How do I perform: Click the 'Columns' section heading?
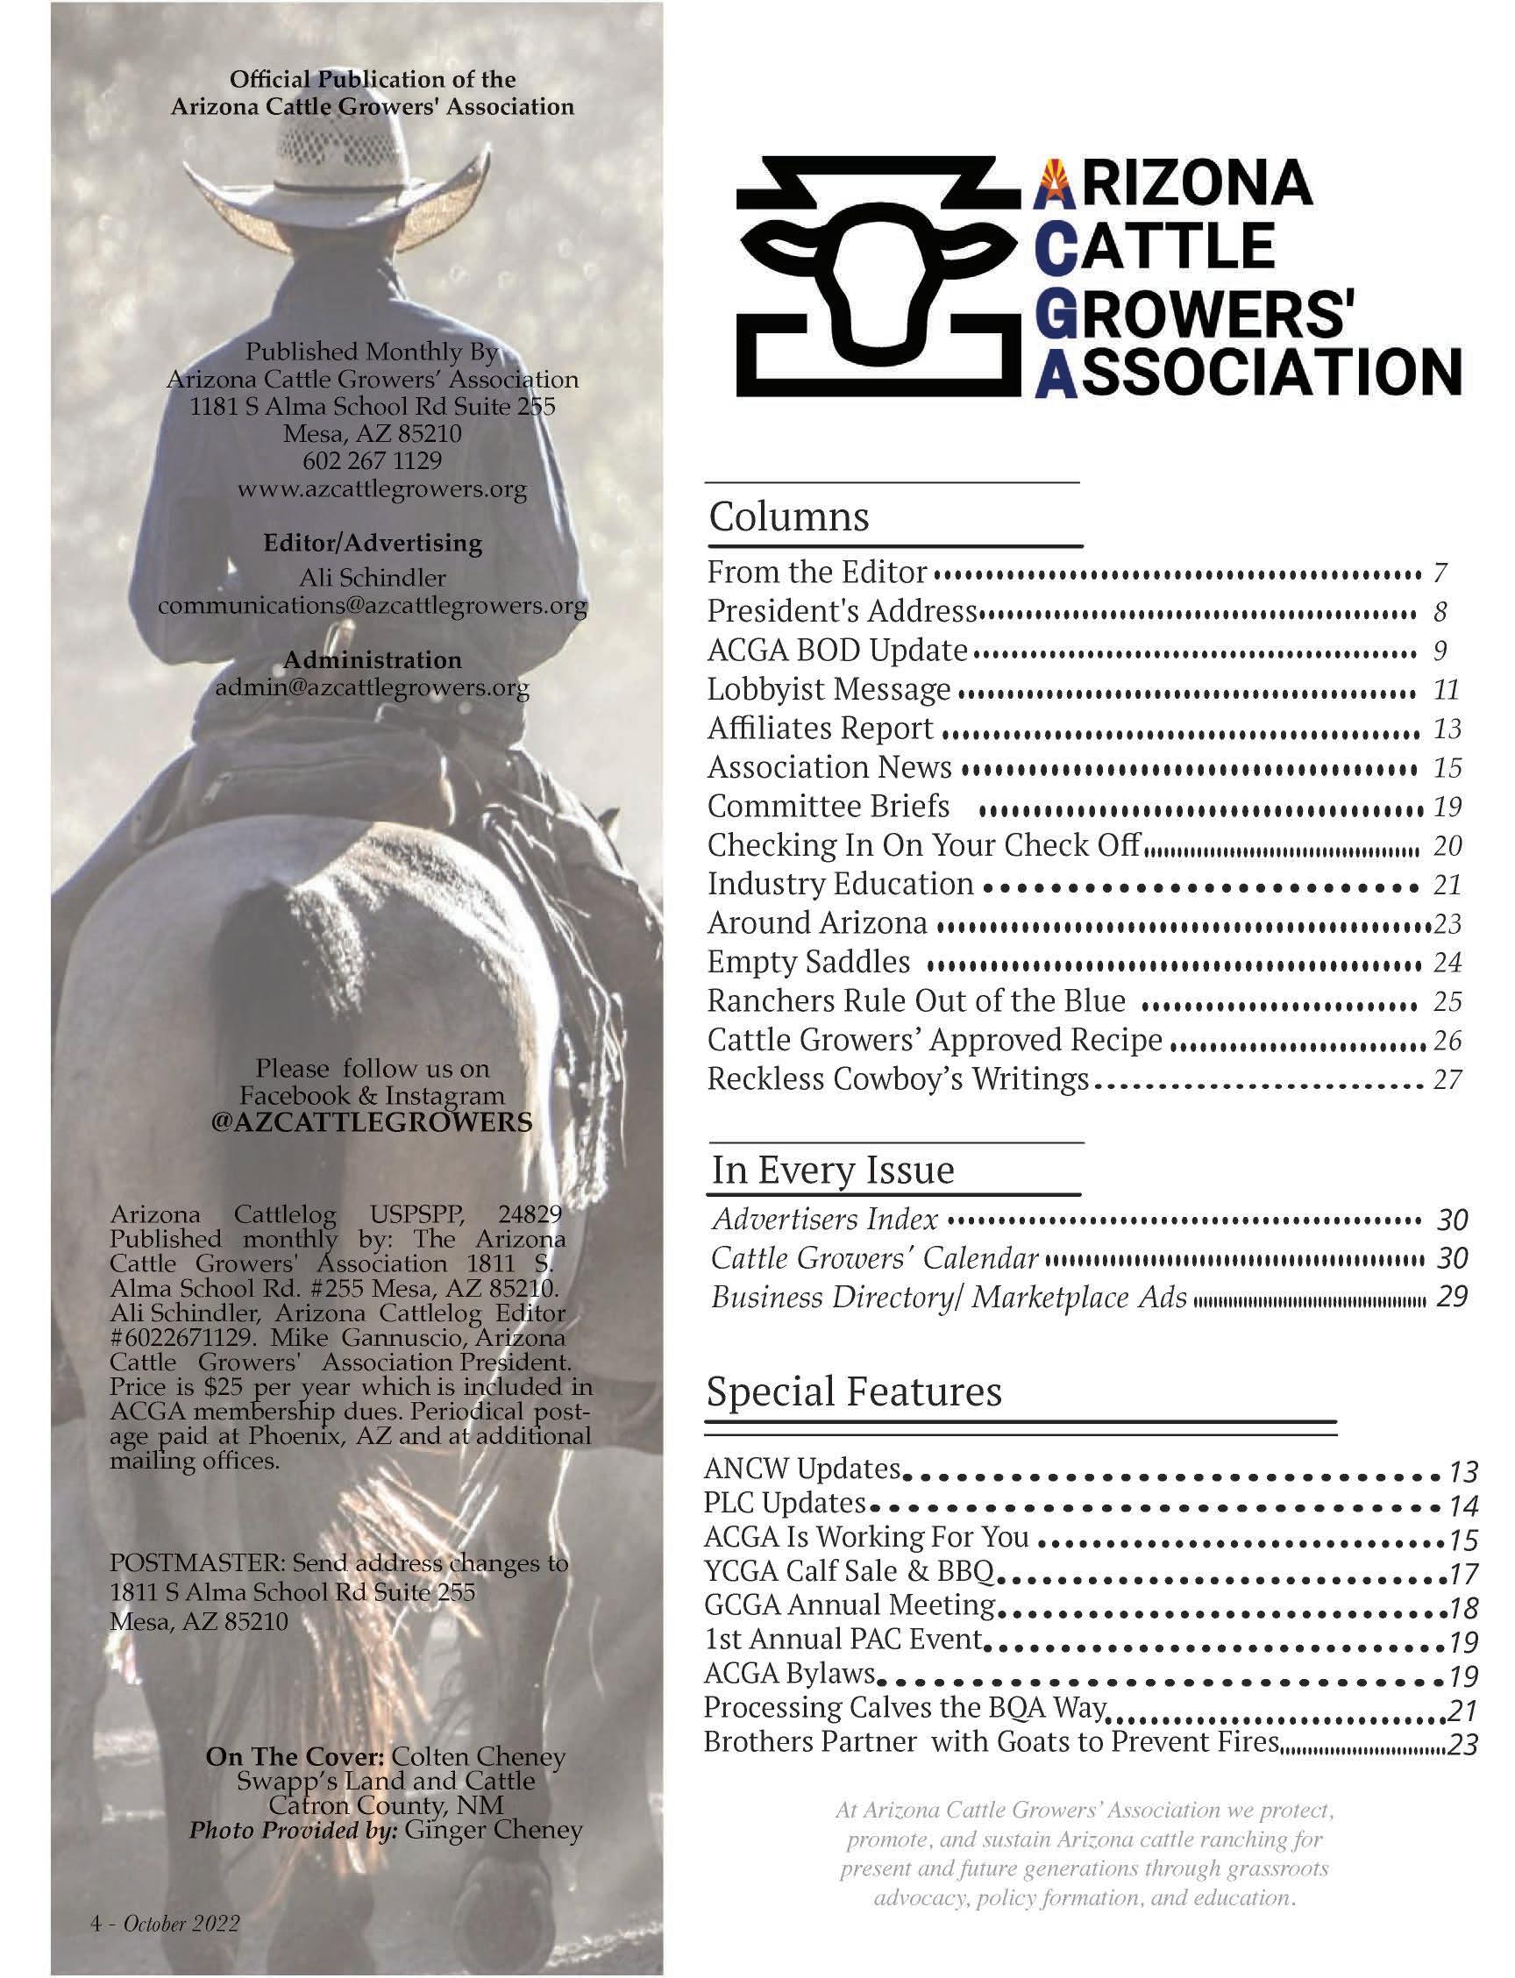(789, 516)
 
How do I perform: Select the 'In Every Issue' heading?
(832, 1170)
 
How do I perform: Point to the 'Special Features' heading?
(853, 1391)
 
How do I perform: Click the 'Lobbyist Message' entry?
(829, 689)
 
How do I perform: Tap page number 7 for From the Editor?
(1440, 573)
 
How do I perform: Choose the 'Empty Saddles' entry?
(808, 962)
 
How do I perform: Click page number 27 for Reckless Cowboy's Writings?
(1447, 1079)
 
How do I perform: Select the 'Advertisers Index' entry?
(825, 1220)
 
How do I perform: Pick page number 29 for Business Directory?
(1452, 1297)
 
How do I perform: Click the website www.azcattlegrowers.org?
(382, 490)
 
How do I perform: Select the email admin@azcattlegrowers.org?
(372, 688)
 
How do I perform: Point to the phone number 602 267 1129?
(373, 461)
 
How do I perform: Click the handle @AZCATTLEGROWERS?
(372, 1122)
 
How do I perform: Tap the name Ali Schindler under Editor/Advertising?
(372, 577)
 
